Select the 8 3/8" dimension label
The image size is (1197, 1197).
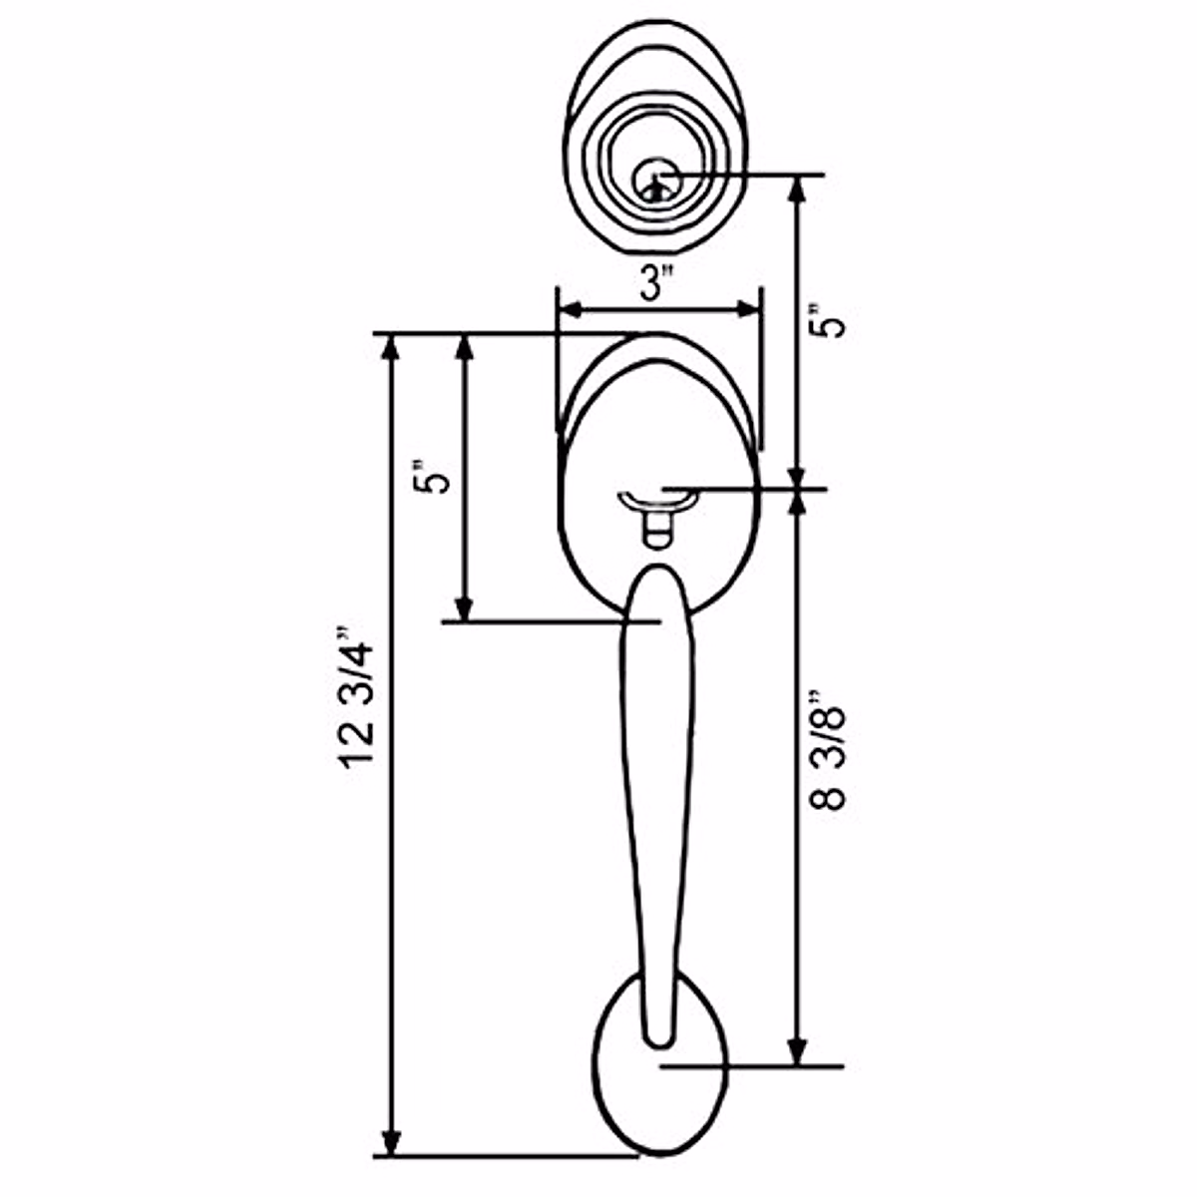click(x=830, y=748)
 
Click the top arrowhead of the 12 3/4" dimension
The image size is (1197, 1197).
click(x=392, y=345)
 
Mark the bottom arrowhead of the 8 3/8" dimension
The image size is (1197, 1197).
click(x=797, y=1052)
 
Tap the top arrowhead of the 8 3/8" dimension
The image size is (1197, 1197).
click(x=797, y=502)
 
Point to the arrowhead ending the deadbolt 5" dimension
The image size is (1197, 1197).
click(x=797, y=477)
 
